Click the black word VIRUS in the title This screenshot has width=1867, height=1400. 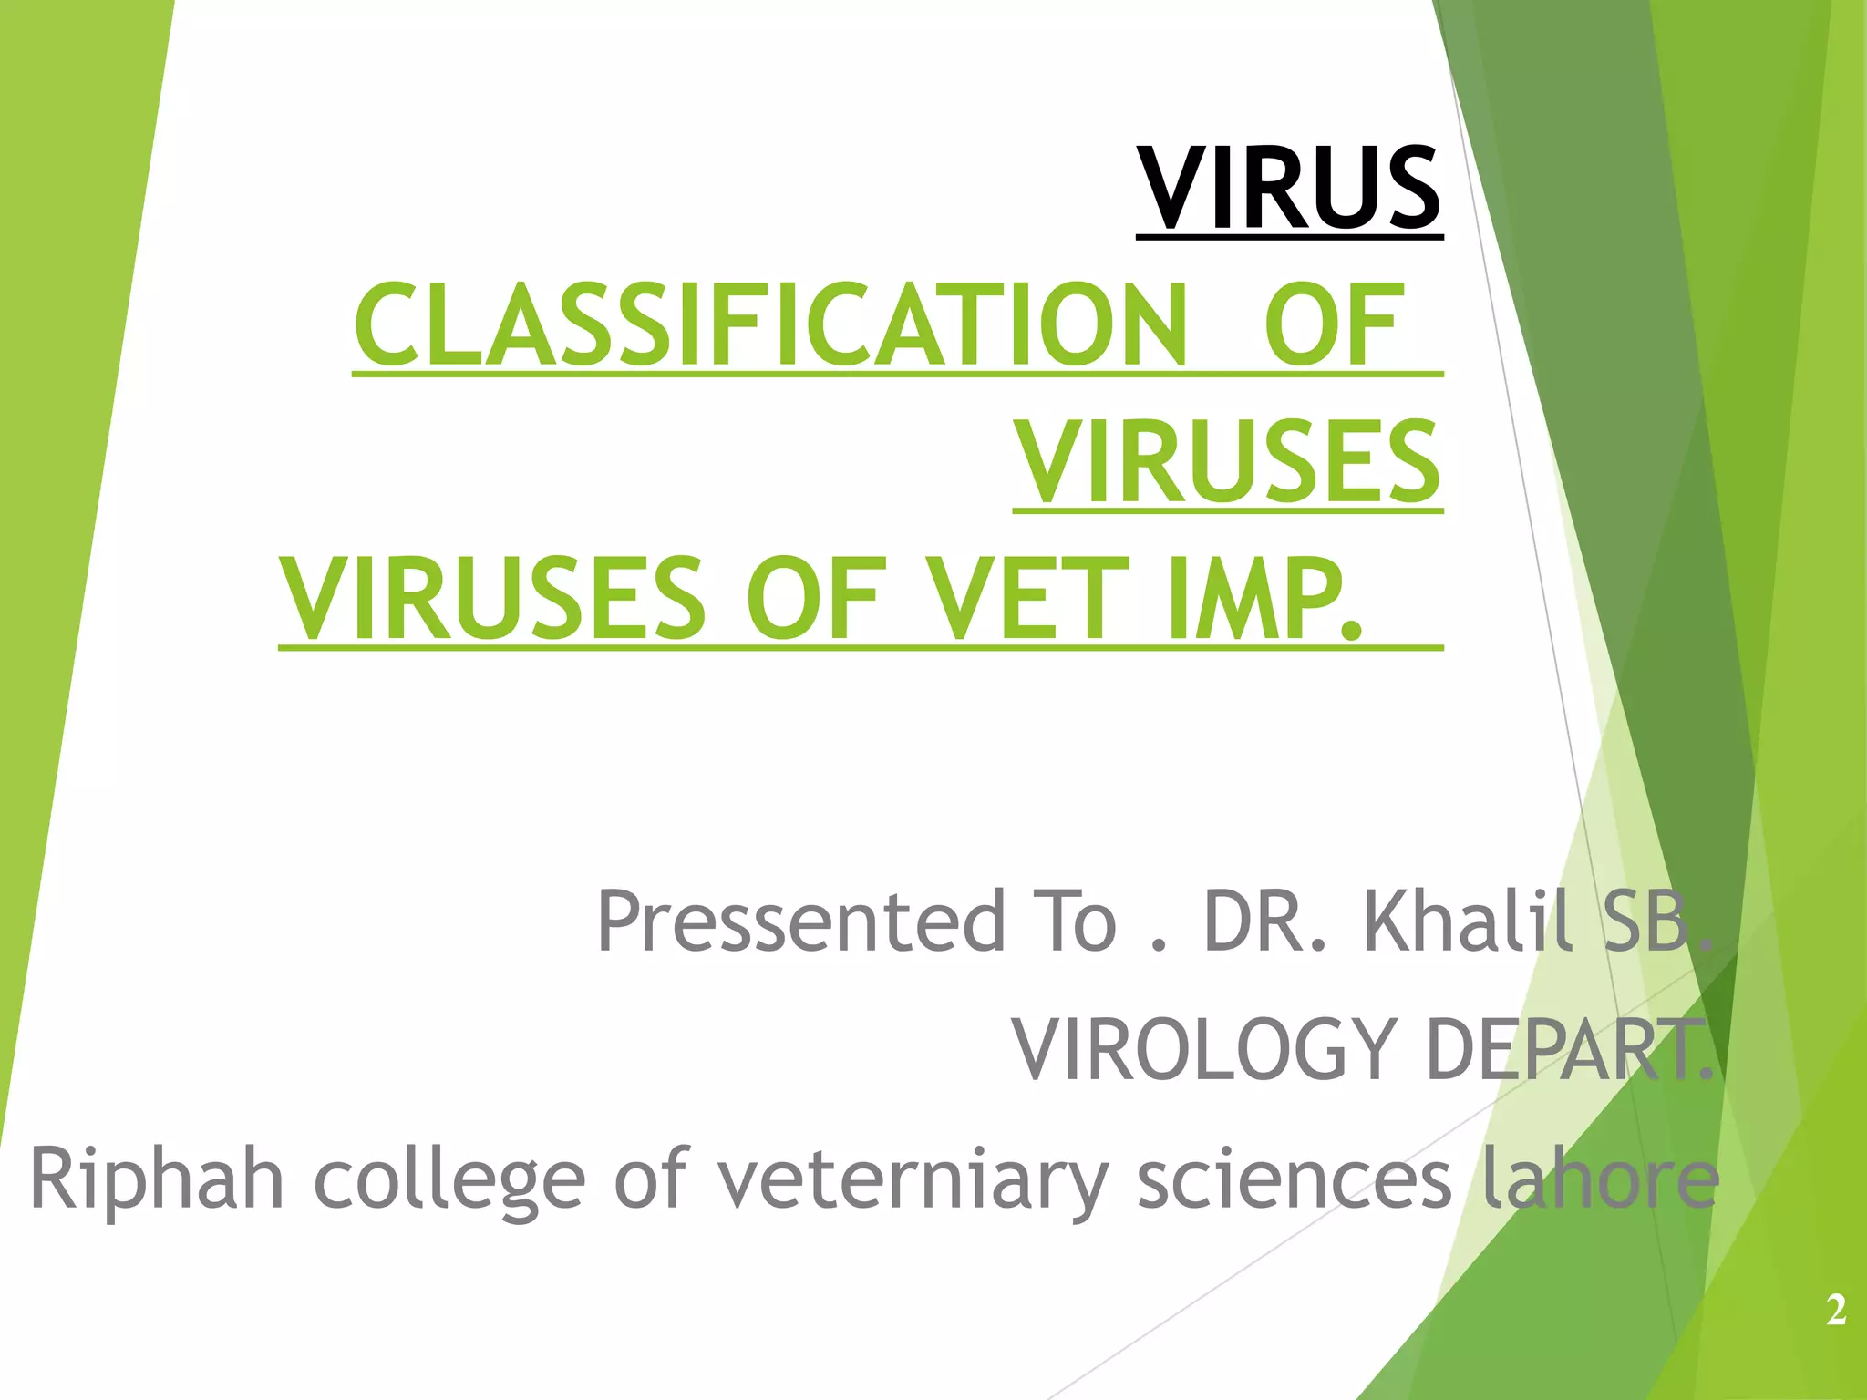pyautogui.click(x=1289, y=189)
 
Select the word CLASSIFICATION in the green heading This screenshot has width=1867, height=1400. pyautogui.click(x=770, y=325)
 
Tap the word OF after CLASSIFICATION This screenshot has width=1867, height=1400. pyautogui.click(x=1333, y=325)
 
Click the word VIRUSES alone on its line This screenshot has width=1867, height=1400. pyautogui.click(x=1228, y=462)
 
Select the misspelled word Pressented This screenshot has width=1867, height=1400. pyautogui.click(x=800, y=921)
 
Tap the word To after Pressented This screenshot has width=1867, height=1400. pyautogui.click(x=1074, y=921)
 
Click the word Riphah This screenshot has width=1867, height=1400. pyautogui.click(x=157, y=1180)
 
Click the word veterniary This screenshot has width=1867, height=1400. pyautogui.click(x=912, y=1180)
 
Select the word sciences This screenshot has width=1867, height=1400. pyautogui.click(x=1295, y=1180)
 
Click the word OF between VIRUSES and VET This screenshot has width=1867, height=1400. pyautogui.click(x=814, y=599)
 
